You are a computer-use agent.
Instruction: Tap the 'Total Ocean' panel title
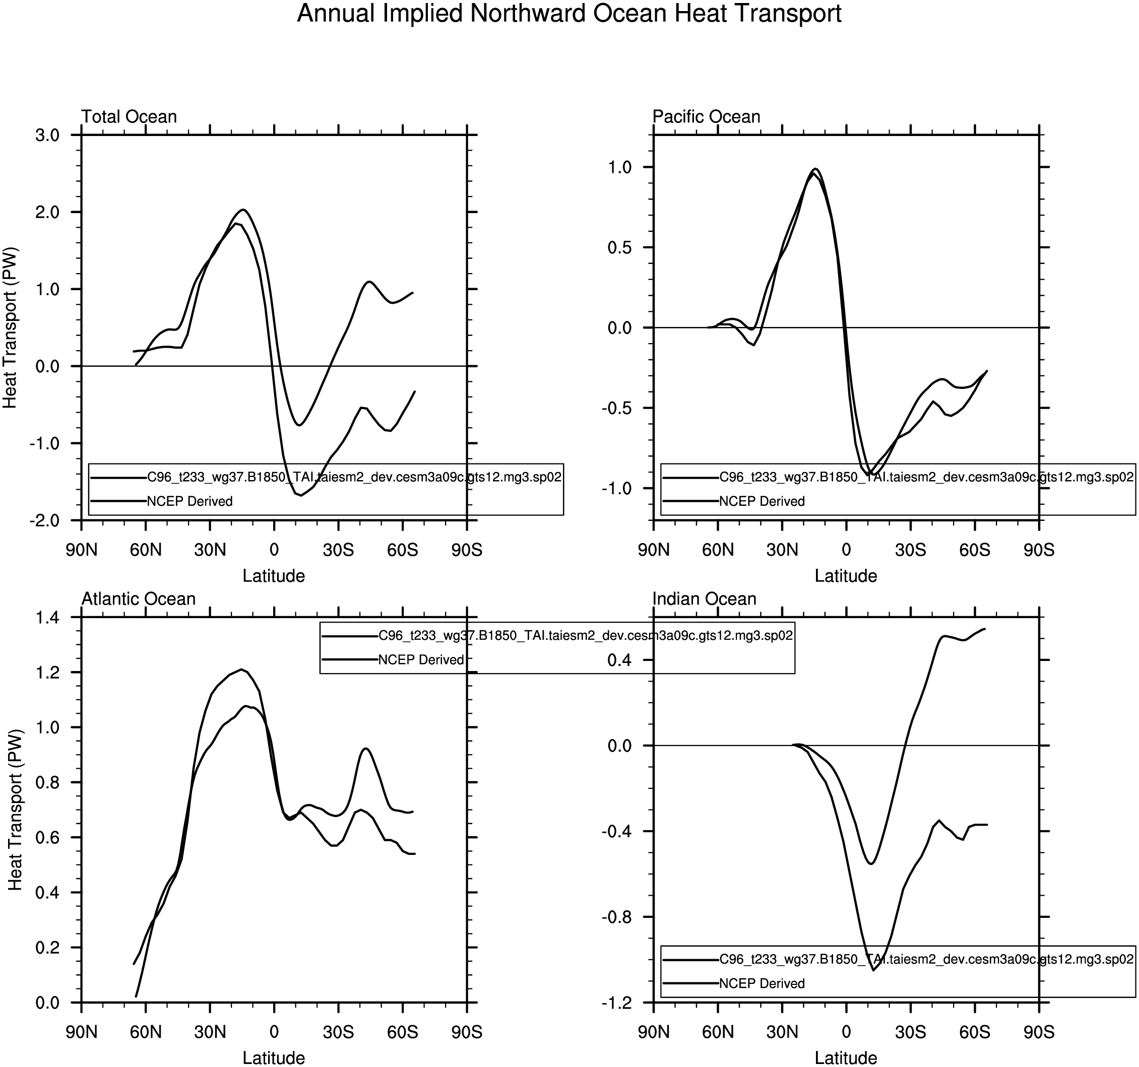click(x=129, y=117)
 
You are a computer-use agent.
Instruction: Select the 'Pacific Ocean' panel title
click(x=707, y=117)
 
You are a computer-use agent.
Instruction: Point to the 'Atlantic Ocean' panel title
click(x=139, y=599)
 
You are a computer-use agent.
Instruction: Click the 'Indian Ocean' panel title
click(x=705, y=599)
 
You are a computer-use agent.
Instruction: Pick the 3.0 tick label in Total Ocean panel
click(x=47, y=136)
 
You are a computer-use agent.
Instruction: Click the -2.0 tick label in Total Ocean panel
click(x=45, y=520)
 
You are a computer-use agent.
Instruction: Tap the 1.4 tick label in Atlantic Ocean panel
click(x=47, y=618)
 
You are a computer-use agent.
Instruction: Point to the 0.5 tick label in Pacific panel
click(x=619, y=248)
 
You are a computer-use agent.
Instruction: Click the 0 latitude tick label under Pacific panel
click(x=846, y=551)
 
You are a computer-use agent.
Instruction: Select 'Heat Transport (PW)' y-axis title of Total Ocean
click(x=10, y=327)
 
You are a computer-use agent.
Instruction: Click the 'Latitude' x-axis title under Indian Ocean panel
click(x=846, y=1058)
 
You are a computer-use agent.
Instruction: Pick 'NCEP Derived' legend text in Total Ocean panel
click(x=189, y=502)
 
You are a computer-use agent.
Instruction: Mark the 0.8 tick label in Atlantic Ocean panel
click(x=47, y=783)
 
